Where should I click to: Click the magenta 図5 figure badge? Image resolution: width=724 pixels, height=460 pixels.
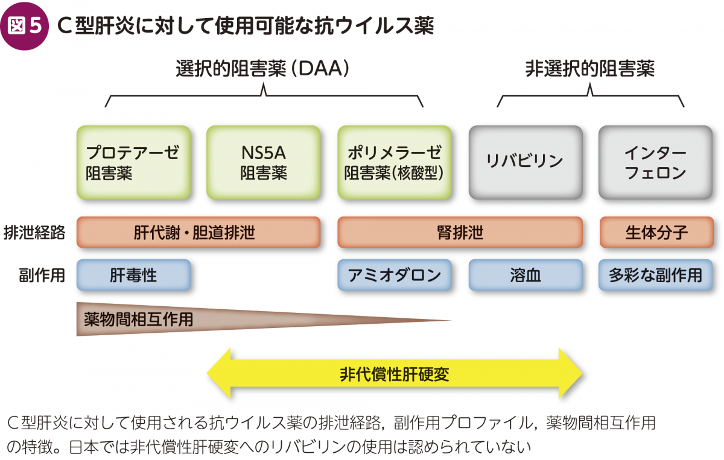click(25, 26)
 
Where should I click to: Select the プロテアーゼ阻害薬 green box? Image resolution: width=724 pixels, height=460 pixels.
click(133, 163)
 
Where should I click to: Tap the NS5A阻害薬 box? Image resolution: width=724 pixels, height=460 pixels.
click(264, 163)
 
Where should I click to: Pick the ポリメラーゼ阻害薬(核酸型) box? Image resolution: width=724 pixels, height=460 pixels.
click(395, 163)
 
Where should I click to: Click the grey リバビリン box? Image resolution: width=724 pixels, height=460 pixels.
click(526, 163)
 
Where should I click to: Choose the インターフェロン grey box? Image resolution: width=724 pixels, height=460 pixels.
click(655, 163)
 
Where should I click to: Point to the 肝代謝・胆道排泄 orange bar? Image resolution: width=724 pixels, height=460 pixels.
click(198, 232)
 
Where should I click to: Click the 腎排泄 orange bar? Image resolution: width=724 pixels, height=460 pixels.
click(460, 232)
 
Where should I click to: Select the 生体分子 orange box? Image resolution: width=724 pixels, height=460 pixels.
click(656, 232)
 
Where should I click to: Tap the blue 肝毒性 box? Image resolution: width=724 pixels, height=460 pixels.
click(133, 276)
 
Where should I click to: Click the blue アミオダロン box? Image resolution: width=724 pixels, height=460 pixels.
click(395, 276)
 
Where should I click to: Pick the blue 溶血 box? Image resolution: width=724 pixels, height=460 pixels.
click(526, 276)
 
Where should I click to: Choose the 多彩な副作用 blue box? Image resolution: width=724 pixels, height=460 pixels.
click(655, 276)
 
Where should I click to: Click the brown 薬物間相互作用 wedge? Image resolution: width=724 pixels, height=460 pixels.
click(194, 320)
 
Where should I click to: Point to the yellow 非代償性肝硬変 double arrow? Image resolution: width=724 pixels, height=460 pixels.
click(395, 374)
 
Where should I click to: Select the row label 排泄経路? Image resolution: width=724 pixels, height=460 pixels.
click(34, 233)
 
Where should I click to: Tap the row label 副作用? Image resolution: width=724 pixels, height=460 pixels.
click(42, 276)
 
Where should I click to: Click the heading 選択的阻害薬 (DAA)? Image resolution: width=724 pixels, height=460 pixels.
click(262, 69)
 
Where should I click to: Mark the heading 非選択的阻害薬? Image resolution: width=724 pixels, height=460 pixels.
click(590, 69)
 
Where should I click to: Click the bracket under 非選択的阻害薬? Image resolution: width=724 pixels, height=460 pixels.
click(590, 96)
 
